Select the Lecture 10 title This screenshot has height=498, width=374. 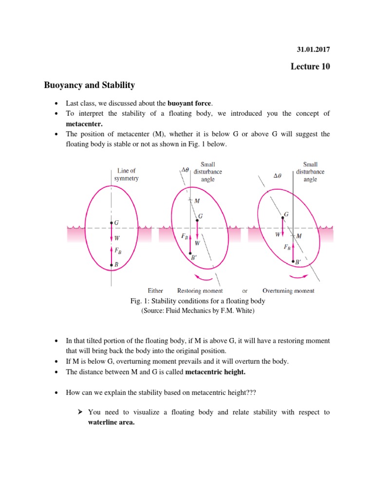(x=309, y=67)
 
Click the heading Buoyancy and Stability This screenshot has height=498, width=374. (x=89, y=86)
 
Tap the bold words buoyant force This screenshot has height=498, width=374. (x=190, y=103)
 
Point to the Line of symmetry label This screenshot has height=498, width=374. (x=126, y=175)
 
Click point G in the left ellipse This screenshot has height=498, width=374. (x=112, y=223)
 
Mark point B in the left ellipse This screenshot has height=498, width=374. (x=112, y=265)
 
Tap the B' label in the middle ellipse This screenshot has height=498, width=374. (x=194, y=258)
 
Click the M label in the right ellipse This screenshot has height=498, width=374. (x=299, y=236)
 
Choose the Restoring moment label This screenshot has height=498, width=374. (x=200, y=291)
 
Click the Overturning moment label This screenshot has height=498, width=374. (x=288, y=291)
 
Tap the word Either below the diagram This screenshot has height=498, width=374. (x=155, y=291)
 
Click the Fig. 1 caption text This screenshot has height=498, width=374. (x=197, y=301)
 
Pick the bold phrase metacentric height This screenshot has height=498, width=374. (x=215, y=372)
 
